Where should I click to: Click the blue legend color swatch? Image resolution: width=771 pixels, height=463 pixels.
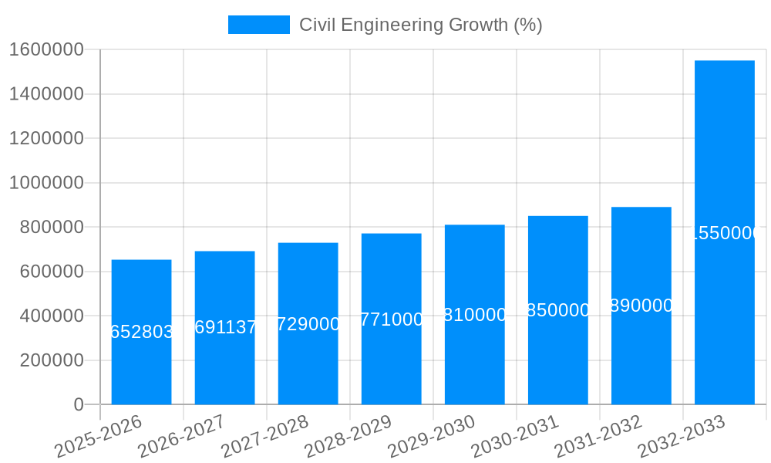coord(258,25)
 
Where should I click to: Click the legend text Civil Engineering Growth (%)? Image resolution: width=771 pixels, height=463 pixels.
coord(420,25)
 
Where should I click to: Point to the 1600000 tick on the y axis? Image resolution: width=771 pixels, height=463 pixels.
coord(46,49)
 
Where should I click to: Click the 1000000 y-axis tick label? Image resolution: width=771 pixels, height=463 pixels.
coord(46,183)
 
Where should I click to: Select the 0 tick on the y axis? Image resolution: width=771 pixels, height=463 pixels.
coord(78,404)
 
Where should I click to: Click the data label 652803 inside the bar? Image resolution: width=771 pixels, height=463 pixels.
coord(142,332)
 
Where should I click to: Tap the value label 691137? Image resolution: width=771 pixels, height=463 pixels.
coord(225,327)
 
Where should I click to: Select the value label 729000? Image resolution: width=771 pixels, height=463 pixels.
coord(308,323)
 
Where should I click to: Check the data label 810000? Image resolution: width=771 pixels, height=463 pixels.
coord(475,315)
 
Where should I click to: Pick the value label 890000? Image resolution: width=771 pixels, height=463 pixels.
coord(641,306)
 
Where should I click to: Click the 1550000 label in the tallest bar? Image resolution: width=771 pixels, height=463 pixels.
coord(725,233)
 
